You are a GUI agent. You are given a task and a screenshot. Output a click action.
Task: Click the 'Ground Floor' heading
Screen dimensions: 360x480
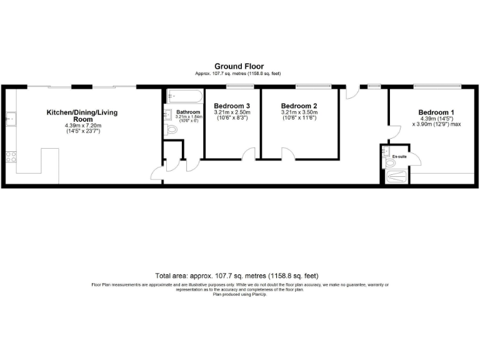(239, 66)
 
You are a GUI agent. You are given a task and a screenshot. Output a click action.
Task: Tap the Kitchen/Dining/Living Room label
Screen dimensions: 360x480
(82, 116)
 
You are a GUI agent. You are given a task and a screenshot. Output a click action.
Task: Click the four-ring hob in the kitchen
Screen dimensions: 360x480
(10, 157)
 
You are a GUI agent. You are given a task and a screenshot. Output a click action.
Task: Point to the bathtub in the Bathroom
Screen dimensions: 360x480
(184, 97)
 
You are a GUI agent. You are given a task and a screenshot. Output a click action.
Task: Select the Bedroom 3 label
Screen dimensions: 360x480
(232, 106)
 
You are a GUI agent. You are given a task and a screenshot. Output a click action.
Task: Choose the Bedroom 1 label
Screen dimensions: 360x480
(436, 112)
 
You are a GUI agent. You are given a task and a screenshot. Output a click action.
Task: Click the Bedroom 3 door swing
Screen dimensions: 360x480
(249, 154)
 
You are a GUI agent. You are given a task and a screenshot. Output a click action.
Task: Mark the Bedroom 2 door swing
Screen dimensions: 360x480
(288, 154)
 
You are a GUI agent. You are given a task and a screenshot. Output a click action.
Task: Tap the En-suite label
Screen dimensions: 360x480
(399, 156)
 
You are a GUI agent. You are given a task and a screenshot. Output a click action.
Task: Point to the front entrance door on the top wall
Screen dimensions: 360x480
(352, 93)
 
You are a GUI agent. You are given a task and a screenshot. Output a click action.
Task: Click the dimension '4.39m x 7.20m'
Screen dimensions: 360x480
(82, 126)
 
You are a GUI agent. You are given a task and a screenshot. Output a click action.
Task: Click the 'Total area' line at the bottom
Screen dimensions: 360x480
(239, 275)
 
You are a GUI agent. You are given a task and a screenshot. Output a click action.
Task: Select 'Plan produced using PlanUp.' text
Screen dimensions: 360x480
(239, 293)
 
